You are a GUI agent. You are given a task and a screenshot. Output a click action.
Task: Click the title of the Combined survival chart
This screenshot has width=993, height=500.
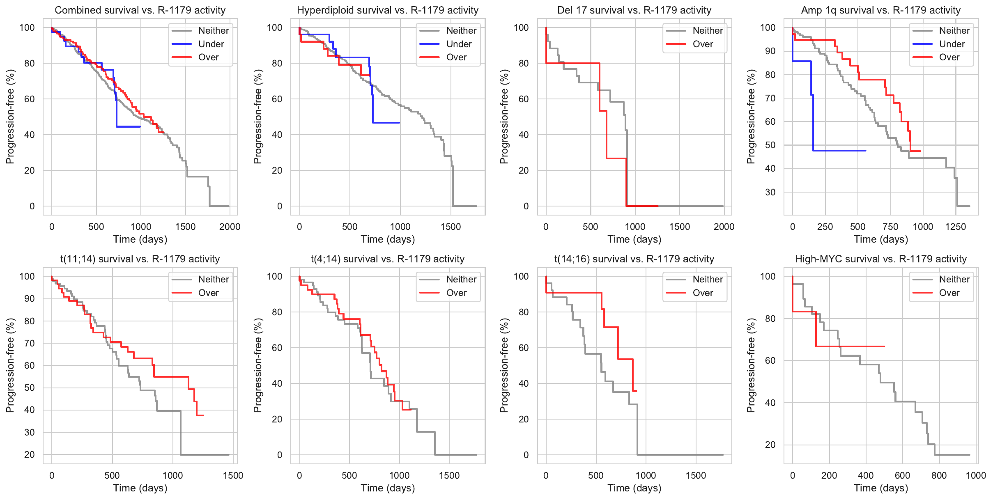[x=140, y=10]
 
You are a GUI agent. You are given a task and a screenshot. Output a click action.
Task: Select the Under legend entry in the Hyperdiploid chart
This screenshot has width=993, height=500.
[x=459, y=44]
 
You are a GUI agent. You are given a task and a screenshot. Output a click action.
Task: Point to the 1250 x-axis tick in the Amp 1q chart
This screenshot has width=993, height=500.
[x=956, y=227]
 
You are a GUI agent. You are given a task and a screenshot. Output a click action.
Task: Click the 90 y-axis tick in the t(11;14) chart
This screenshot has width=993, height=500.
[x=30, y=298]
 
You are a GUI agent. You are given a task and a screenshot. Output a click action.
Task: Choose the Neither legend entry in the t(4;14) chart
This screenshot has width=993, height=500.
[x=461, y=279]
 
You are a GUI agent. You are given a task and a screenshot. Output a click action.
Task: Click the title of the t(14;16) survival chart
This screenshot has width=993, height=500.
[x=634, y=259]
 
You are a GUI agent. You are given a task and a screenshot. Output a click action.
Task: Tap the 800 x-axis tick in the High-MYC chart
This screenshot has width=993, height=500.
[x=939, y=475]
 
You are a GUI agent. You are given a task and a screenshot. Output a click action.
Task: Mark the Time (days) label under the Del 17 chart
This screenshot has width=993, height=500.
[x=634, y=239]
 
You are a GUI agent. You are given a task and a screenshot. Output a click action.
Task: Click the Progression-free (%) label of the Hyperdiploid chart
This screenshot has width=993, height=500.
[x=257, y=117]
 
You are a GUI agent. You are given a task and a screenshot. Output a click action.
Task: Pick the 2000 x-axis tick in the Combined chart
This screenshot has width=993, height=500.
[x=230, y=227]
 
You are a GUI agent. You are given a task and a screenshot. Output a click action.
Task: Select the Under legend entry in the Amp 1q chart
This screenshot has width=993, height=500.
[x=952, y=44]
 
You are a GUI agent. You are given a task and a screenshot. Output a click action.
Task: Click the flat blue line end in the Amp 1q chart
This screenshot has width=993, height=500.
[x=865, y=151]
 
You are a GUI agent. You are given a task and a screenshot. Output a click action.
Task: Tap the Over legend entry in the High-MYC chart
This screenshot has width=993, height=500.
[x=949, y=293]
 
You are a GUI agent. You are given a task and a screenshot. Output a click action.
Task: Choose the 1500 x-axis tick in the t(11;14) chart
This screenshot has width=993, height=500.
[x=233, y=475]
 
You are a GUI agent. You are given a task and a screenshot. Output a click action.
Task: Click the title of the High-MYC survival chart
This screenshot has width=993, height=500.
[x=880, y=259]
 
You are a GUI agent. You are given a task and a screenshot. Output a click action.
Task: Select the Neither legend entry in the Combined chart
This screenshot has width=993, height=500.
[x=214, y=30]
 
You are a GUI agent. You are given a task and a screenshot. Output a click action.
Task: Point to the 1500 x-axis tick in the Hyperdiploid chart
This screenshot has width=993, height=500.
[x=451, y=227]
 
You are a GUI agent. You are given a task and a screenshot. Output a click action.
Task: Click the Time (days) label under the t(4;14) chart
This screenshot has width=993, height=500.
[x=388, y=488]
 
